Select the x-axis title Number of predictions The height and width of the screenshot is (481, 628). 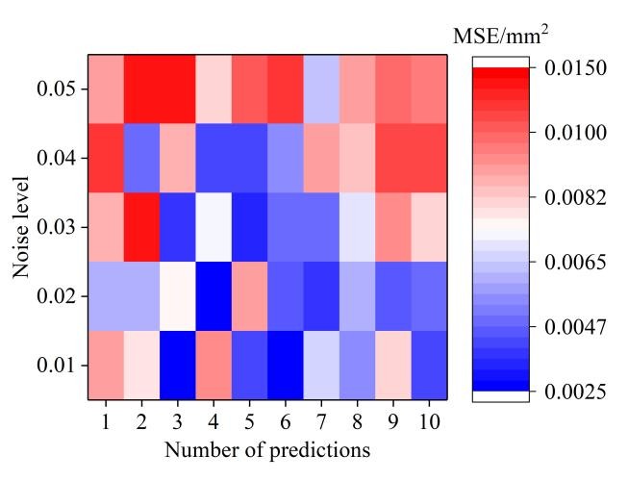tap(267, 449)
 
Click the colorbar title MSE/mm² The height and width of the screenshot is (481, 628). tap(501, 36)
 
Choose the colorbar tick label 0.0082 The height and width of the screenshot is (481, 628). tap(575, 197)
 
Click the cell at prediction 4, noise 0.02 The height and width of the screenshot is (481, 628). tap(214, 295)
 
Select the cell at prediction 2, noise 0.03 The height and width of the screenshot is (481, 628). tap(142, 227)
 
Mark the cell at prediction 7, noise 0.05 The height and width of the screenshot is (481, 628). tap(321, 89)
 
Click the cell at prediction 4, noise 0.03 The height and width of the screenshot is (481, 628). tap(214, 227)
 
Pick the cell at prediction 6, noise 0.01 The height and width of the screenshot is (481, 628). tap(286, 365)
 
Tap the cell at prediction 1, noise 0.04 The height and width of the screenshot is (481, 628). tap(106, 158)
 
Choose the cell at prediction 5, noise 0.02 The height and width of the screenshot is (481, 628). tap(249, 295)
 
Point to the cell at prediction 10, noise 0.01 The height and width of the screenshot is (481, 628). tap(429, 365)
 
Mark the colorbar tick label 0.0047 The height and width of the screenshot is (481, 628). tap(575, 327)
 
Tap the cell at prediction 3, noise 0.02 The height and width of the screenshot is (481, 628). tap(178, 295)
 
